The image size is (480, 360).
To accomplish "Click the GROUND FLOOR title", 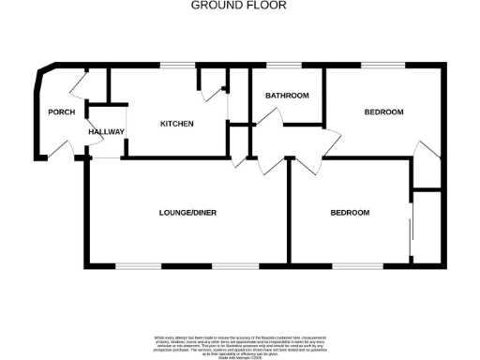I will (239, 5).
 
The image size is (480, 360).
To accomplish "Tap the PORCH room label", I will (61, 112).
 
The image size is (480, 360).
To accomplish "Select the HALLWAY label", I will (106, 132).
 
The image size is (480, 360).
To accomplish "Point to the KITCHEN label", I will (176, 124).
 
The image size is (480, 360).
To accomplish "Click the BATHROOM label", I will (287, 96).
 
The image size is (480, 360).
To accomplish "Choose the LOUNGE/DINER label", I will (187, 213).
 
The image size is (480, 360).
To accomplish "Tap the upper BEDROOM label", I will (383, 112).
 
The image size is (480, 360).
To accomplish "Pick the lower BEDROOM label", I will (350, 213).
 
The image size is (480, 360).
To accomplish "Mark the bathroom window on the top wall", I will (279, 66).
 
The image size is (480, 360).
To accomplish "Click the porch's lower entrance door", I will (63, 149).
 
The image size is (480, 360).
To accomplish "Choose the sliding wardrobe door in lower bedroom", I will (411, 230).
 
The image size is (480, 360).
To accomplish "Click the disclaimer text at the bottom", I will (239, 344).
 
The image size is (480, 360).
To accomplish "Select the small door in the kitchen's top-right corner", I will (205, 82).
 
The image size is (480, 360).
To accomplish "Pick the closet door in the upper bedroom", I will (427, 152).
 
